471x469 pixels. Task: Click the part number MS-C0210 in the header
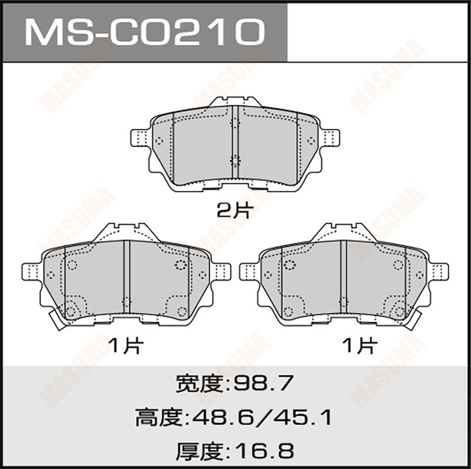(145, 32)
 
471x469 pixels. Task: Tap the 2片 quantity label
(235, 211)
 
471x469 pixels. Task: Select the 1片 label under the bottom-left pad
(126, 345)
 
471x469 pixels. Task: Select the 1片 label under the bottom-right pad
(359, 345)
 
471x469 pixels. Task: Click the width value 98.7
(263, 383)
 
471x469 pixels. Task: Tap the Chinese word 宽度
(202, 383)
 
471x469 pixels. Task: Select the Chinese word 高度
(161, 418)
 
